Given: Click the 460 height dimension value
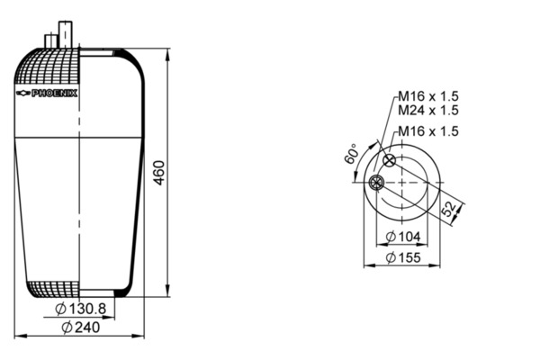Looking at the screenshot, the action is pyautogui.click(x=159, y=173).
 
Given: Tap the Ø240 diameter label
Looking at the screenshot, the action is pyautogui.click(x=81, y=328).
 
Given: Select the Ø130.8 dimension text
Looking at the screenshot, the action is pyautogui.click(x=81, y=309).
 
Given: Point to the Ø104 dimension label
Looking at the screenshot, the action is pyautogui.click(x=403, y=237).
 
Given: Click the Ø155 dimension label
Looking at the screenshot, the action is pyautogui.click(x=403, y=257).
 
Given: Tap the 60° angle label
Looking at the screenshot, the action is pyautogui.click(x=351, y=154).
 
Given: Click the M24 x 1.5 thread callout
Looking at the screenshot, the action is pyautogui.click(x=428, y=110).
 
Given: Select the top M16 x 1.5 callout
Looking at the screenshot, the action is pyautogui.click(x=428, y=96).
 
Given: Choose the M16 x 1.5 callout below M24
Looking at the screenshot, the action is pyautogui.click(x=428, y=131).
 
